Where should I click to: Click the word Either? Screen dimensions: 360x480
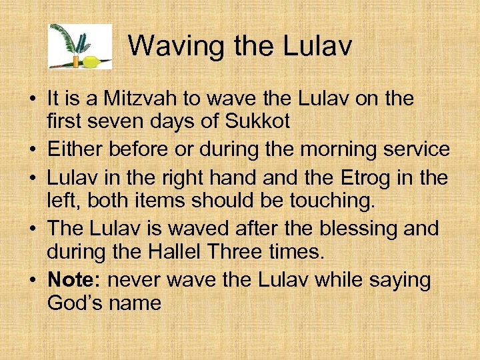point(77,149)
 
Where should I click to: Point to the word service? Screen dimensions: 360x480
point(415,149)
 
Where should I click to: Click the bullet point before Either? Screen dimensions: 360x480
point(31,150)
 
